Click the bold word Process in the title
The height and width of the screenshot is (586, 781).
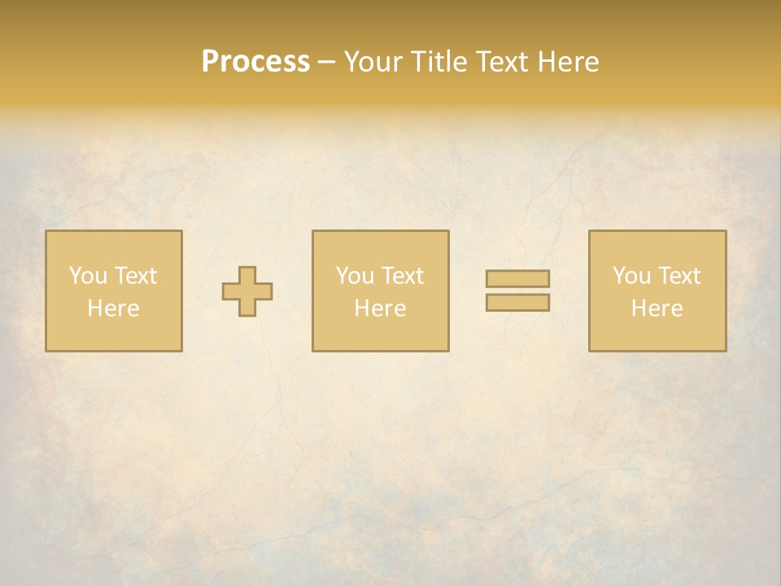(255, 62)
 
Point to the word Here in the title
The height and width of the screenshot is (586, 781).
(570, 62)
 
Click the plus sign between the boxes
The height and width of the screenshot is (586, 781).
(247, 291)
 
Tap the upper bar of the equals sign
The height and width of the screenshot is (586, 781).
(517, 278)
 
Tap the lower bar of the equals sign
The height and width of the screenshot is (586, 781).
(517, 302)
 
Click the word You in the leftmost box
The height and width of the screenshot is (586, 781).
(87, 276)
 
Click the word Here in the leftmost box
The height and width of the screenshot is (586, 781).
(113, 308)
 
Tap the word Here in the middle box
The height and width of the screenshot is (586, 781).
(380, 308)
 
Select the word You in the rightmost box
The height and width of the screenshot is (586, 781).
(630, 276)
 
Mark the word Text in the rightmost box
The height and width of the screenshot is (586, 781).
(679, 276)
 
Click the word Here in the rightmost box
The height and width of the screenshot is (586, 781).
(657, 308)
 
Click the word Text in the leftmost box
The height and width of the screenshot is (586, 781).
(136, 276)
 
